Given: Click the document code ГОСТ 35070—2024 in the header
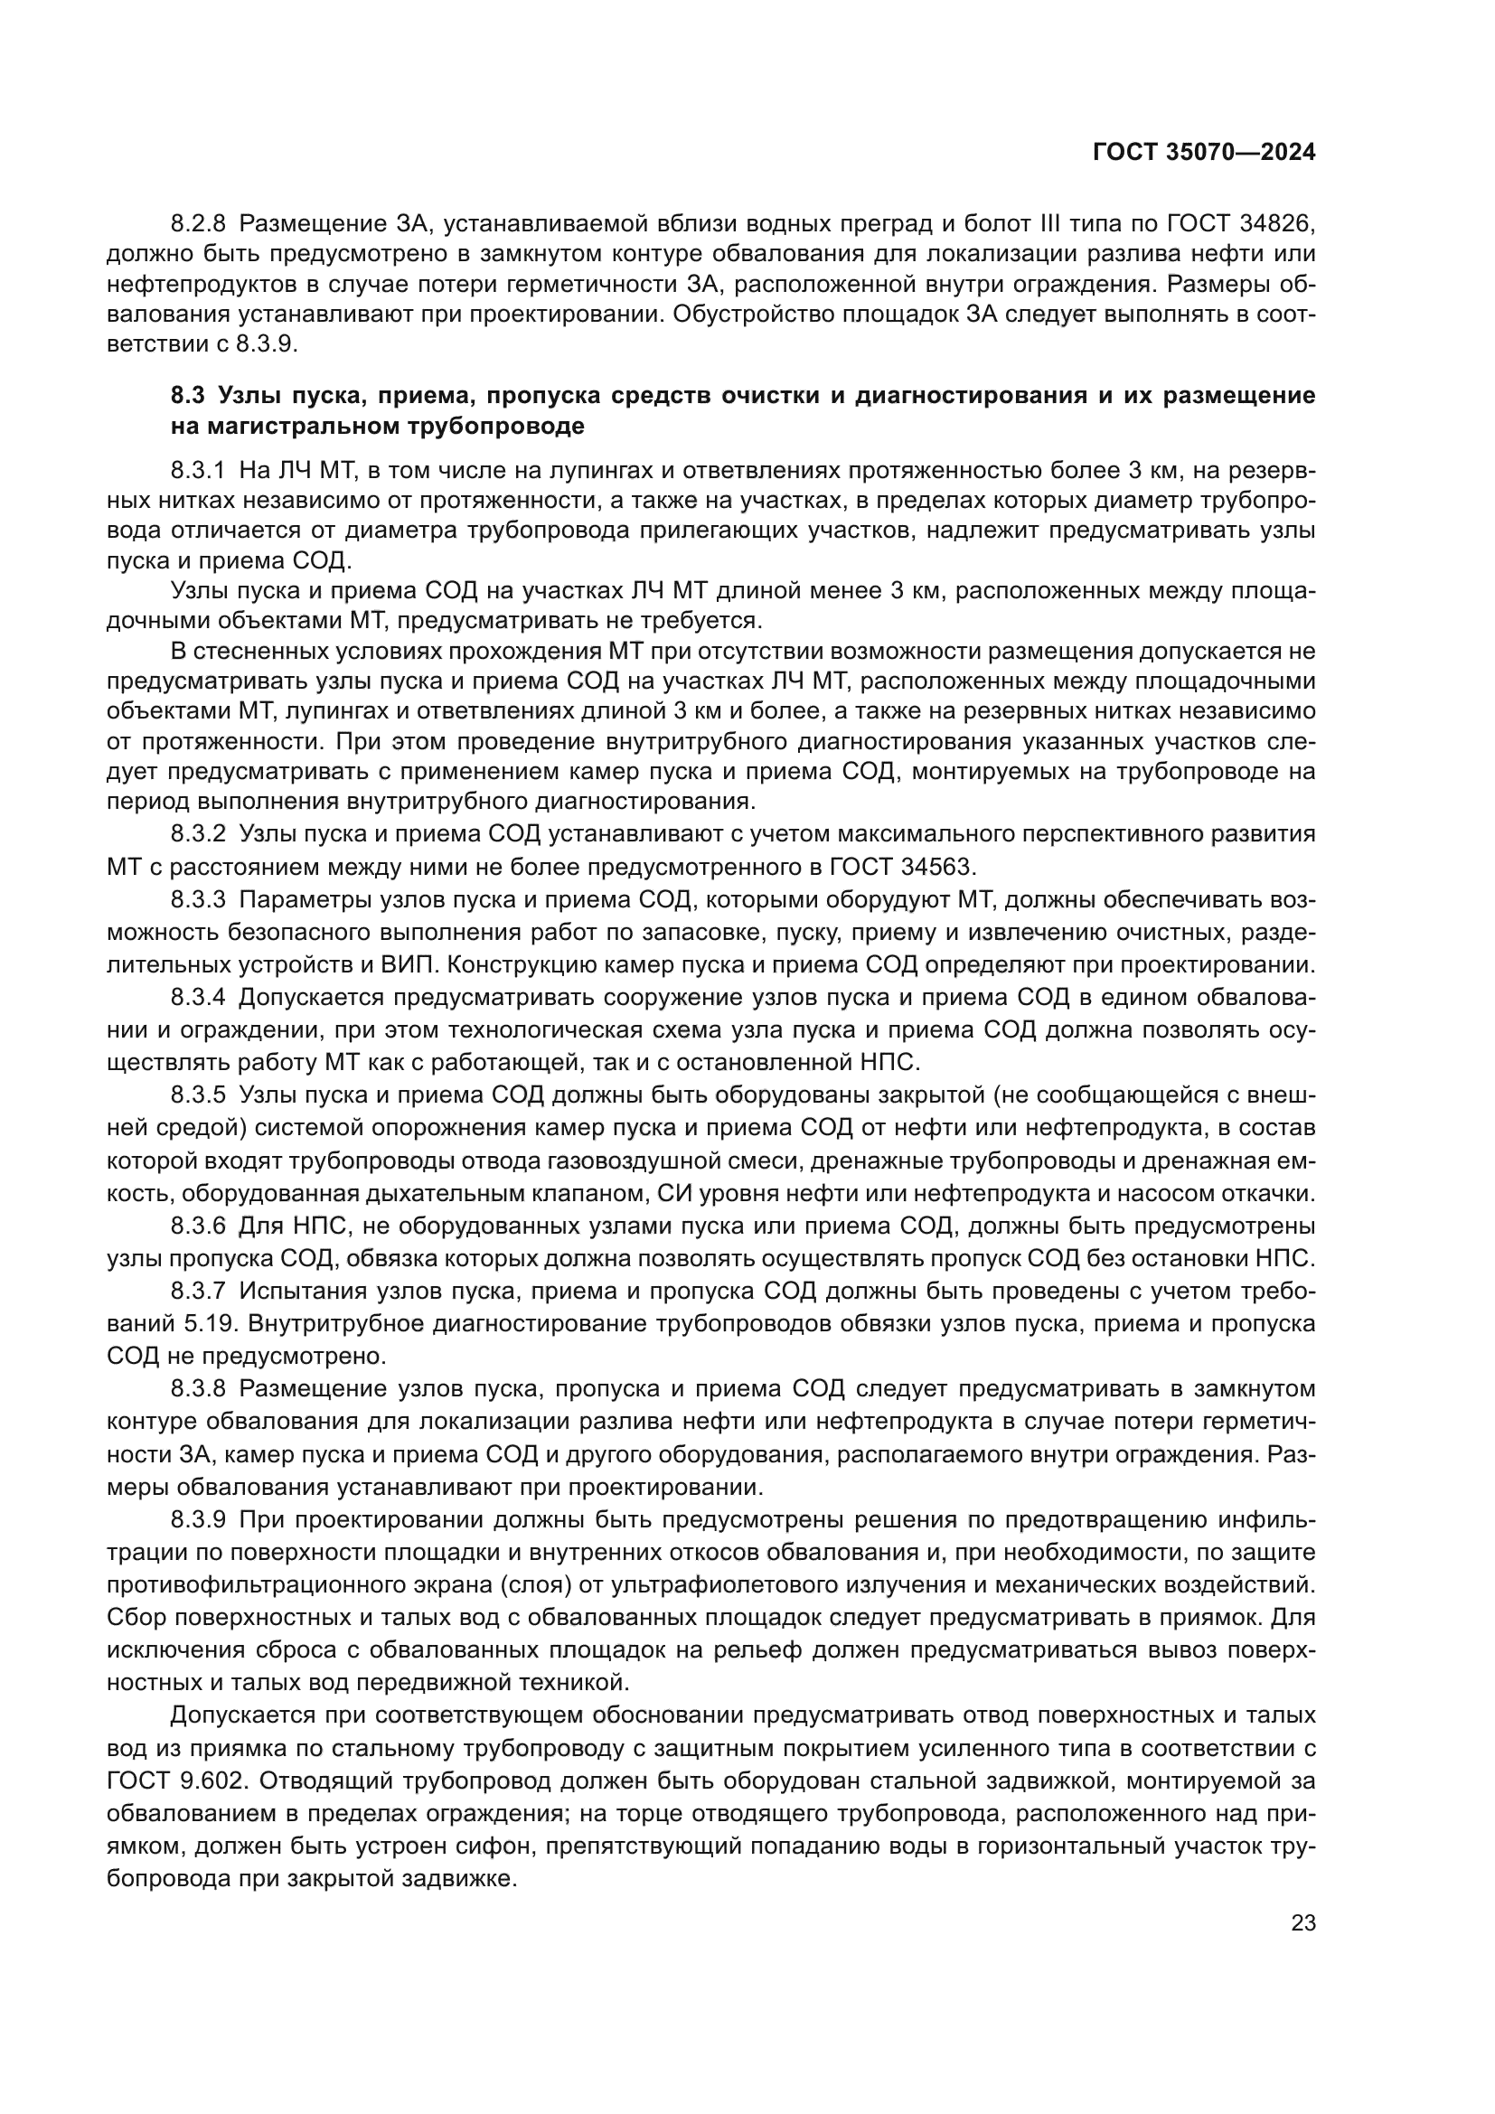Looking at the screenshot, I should [x=1203, y=153].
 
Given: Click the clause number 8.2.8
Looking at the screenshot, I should [x=198, y=224].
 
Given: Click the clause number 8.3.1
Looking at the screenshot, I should [x=198, y=471].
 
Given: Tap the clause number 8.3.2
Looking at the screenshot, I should [x=198, y=834].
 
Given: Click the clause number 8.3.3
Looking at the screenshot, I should [x=198, y=898].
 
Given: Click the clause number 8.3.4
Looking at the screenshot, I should [x=198, y=997].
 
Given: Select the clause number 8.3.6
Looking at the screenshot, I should [x=198, y=1226].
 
